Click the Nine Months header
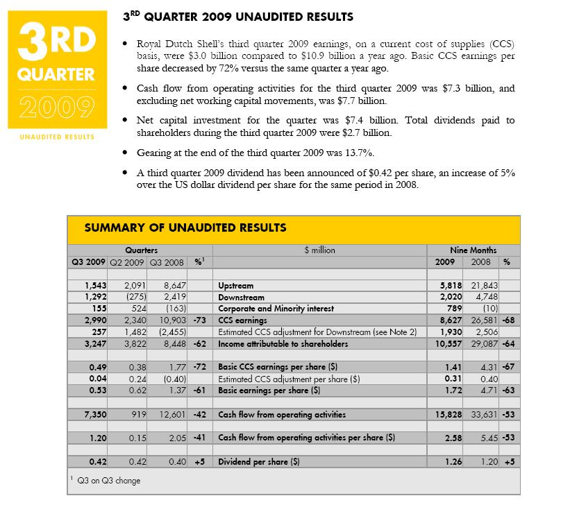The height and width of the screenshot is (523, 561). pyautogui.click(x=474, y=250)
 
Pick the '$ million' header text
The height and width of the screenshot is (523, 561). pyautogui.click(x=319, y=250)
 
